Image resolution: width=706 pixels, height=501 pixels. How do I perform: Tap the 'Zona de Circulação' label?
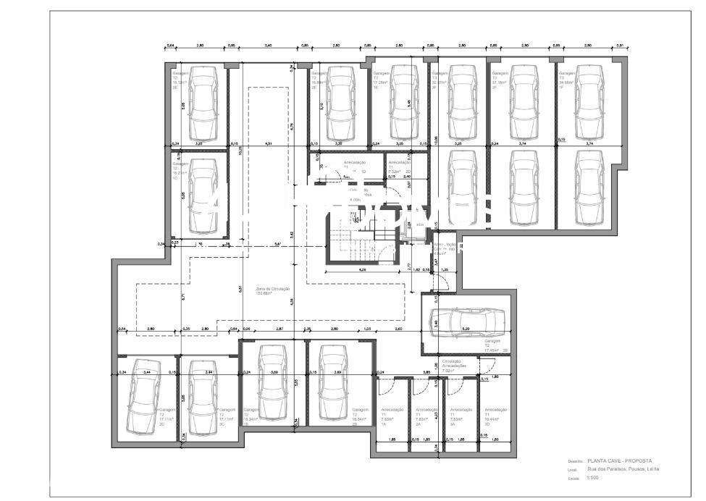(273, 291)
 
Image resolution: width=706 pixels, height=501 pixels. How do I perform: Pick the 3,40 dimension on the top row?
(268, 46)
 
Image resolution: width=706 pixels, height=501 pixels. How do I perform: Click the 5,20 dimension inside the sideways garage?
(467, 329)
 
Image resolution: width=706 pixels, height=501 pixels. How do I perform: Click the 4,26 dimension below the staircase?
(361, 271)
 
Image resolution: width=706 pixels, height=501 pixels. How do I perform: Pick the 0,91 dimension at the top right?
(619, 46)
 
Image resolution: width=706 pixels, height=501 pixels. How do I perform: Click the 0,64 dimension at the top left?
(171, 46)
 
